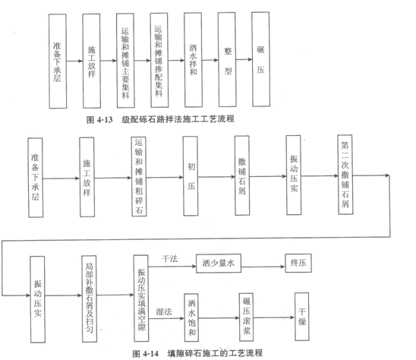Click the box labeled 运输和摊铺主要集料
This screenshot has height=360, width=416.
(125, 61)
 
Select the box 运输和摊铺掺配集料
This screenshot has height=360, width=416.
(159, 60)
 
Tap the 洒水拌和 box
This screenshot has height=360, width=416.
(193, 60)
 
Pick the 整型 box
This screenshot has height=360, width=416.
(227, 59)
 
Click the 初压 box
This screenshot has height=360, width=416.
(191, 176)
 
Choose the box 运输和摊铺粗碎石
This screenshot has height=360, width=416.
(139, 176)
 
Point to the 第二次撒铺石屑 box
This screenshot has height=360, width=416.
(345, 175)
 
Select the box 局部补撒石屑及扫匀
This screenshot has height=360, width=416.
(89, 299)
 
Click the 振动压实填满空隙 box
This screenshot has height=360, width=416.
(141, 298)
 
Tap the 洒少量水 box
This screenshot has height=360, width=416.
(219, 264)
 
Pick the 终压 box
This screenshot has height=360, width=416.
(298, 263)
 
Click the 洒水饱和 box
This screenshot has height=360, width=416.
(191, 317)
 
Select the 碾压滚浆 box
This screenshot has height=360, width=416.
(246, 317)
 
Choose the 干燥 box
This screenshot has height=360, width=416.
(302, 317)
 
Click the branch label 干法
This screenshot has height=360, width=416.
(170, 259)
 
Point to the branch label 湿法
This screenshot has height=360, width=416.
(164, 311)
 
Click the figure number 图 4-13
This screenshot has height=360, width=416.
(99, 120)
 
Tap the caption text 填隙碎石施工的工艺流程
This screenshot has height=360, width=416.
(215, 353)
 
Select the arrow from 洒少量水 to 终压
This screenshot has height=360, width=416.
(263, 267)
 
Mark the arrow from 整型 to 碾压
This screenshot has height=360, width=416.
(244, 59)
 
